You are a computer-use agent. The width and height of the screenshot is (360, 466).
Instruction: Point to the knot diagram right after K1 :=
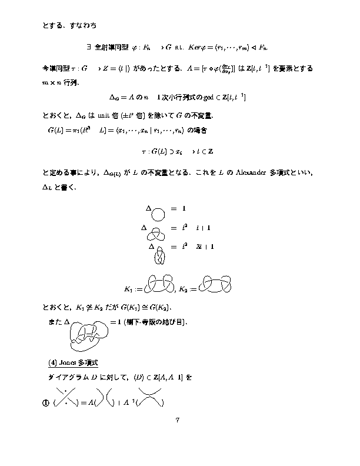(159, 284)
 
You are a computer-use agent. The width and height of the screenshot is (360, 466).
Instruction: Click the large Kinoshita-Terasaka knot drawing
(89, 332)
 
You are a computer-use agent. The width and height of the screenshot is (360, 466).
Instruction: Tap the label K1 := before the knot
(134, 289)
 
